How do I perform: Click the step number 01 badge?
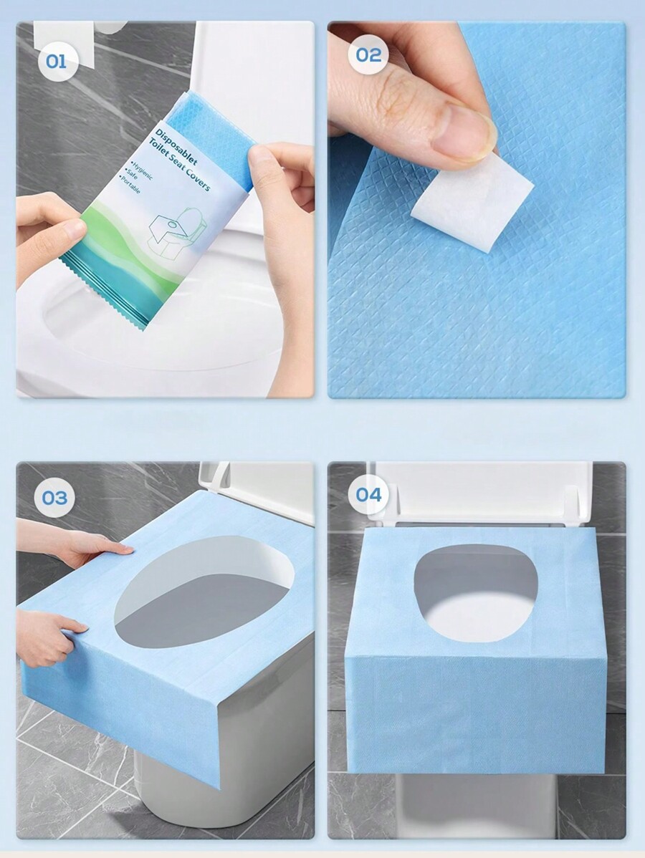point(56,62)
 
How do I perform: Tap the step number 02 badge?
point(368,54)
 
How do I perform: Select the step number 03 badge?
point(55,498)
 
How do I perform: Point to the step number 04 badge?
point(368,495)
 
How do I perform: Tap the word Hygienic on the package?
point(142,170)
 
